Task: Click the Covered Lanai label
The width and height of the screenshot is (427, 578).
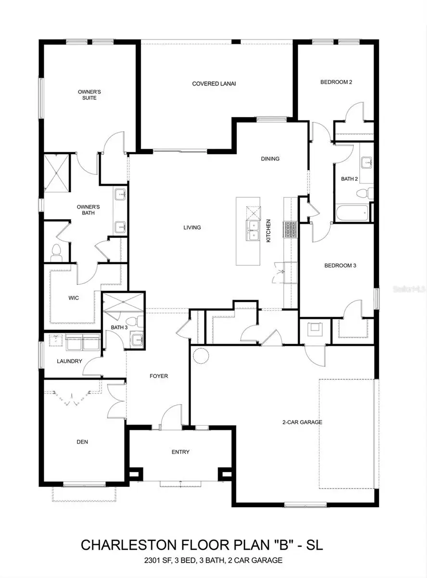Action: (213, 83)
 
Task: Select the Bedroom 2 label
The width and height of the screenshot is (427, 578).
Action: (336, 82)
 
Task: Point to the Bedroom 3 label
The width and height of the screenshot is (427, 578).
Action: (340, 265)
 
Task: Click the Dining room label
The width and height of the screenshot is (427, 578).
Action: (270, 158)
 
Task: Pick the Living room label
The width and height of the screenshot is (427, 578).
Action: (192, 227)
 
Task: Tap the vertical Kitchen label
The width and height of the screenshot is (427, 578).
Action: (269, 231)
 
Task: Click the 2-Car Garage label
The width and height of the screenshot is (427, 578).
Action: (302, 422)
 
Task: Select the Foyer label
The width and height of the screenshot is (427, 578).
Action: (159, 376)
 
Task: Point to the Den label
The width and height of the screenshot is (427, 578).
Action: (82, 441)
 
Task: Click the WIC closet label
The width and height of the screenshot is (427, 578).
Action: (73, 298)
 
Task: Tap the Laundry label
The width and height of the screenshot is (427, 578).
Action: (70, 361)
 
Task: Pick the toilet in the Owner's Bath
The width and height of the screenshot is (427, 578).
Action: (56, 252)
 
